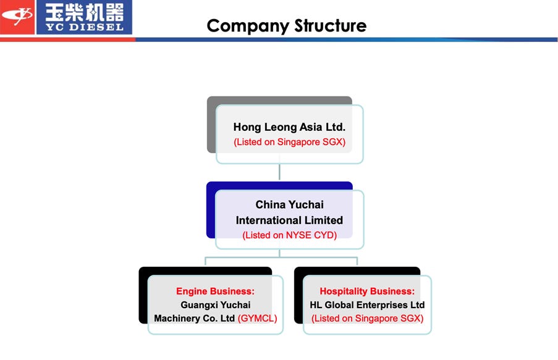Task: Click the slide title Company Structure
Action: [x=286, y=26]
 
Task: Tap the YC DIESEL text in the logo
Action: [x=84, y=27]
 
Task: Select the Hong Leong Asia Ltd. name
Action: [x=289, y=127]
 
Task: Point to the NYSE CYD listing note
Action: [x=289, y=235]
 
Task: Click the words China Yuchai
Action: [x=289, y=204]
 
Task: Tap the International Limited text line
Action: [x=289, y=220]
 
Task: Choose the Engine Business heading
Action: [x=215, y=291]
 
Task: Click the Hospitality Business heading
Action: [x=367, y=291]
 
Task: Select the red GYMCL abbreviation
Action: [x=257, y=319]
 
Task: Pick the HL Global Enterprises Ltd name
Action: [x=367, y=305]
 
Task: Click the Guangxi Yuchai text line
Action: [x=215, y=305]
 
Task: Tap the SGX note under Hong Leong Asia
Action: [x=289, y=142]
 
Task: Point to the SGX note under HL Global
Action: [x=367, y=319]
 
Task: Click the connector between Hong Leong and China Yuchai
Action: [x=279, y=172]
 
